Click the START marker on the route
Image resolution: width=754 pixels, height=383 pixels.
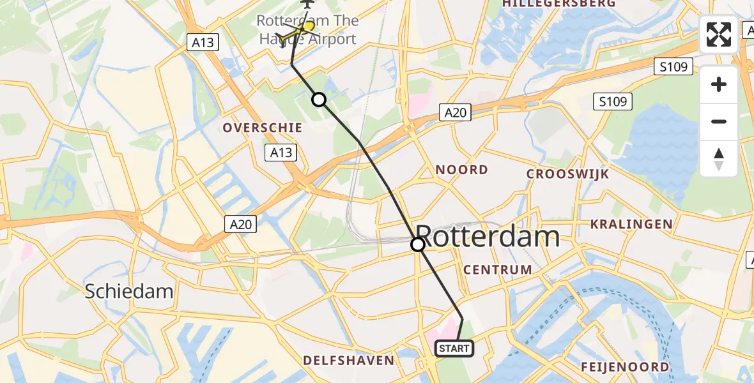[x=454, y=349]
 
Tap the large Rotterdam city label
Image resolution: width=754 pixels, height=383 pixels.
[x=488, y=237]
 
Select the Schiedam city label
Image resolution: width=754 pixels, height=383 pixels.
[x=130, y=292]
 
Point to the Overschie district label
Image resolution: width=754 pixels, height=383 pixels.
[x=262, y=128]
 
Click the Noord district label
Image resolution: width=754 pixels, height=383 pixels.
[x=461, y=169]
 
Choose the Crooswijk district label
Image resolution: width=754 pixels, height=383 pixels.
[x=567, y=174]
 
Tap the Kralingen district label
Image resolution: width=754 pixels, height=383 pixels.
[x=631, y=224]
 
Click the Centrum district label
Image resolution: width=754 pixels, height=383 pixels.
[x=498, y=269]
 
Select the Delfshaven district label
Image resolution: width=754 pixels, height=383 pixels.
[x=348, y=361]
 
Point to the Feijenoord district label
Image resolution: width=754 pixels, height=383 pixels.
[x=626, y=366]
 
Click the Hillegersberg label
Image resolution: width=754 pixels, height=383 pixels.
[x=559, y=4]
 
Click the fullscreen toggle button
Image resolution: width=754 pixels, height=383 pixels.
[x=719, y=34]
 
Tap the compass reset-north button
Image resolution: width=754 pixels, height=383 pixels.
[x=719, y=158]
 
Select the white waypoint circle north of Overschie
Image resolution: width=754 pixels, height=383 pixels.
[x=318, y=99]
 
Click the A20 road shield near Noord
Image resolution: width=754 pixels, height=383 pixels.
[x=455, y=113]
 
